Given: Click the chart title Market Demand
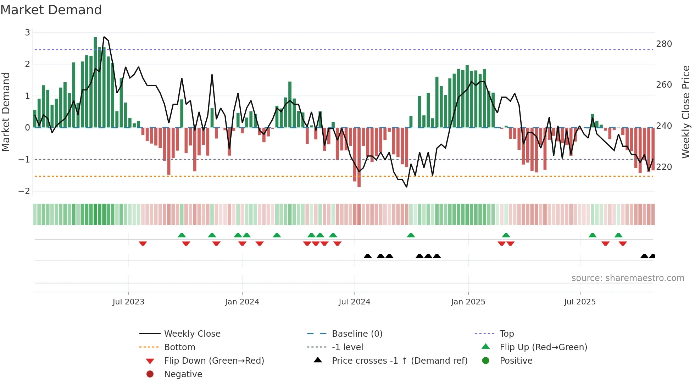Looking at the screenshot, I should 51,10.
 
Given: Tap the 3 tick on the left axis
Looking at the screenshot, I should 27,33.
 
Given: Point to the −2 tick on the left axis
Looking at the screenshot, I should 24,191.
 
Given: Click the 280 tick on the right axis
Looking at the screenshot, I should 664,44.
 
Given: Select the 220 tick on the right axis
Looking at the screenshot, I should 664,167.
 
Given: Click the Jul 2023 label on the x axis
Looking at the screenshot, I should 128,302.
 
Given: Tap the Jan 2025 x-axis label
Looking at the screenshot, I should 468,302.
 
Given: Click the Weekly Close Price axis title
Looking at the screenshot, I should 686,112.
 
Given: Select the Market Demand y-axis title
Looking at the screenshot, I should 6,112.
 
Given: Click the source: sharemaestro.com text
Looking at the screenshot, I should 628,278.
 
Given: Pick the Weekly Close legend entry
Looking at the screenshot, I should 192,334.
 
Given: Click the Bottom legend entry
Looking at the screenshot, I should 179,347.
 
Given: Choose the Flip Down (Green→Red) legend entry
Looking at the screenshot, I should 214,361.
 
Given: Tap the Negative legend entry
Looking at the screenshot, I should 183,374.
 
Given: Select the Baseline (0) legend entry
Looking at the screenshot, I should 357,334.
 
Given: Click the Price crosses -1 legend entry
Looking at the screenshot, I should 399,361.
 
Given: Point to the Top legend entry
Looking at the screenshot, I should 506,334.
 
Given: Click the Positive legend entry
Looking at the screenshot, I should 516,361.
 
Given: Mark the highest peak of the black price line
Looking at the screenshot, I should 104,37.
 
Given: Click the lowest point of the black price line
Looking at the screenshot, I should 406,187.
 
